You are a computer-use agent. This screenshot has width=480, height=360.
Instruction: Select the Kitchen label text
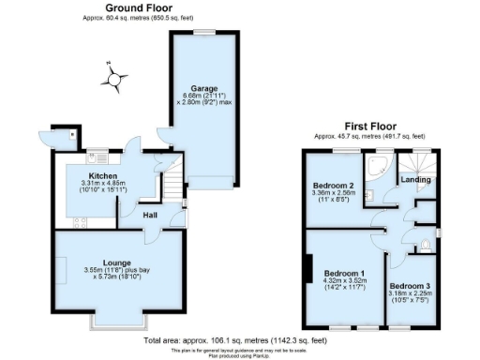coord(102,175)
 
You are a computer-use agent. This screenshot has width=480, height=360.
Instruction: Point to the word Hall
coord(149,215)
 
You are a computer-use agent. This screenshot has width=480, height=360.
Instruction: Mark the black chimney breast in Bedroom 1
coord(308,270)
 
